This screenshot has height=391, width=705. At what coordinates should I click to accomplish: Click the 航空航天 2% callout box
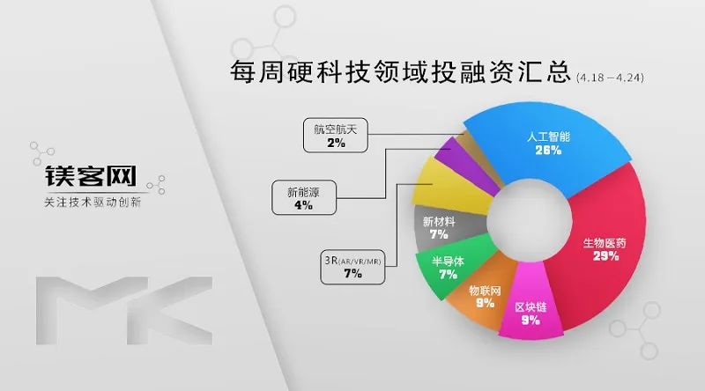point(336,136)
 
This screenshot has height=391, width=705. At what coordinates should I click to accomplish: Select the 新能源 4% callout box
point(303,198)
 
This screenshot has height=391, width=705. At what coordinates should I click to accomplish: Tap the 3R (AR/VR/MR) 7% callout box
point(352,267)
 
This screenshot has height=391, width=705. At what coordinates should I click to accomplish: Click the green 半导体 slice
point(445,268)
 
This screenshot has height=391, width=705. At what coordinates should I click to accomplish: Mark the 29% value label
point(605,256)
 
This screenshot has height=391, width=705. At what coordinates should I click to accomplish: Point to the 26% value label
point(548,150)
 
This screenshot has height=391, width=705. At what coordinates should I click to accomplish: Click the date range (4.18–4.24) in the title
point(610,77)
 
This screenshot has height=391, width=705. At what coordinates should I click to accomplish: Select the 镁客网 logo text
point(91,176)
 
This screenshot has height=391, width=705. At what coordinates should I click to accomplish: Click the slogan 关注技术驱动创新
point(93,203)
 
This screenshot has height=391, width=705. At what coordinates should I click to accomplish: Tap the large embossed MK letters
point(124,311)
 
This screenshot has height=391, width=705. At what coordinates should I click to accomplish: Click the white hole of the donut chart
point(530,219)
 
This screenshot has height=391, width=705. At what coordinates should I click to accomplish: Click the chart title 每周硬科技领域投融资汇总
point(400,71)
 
